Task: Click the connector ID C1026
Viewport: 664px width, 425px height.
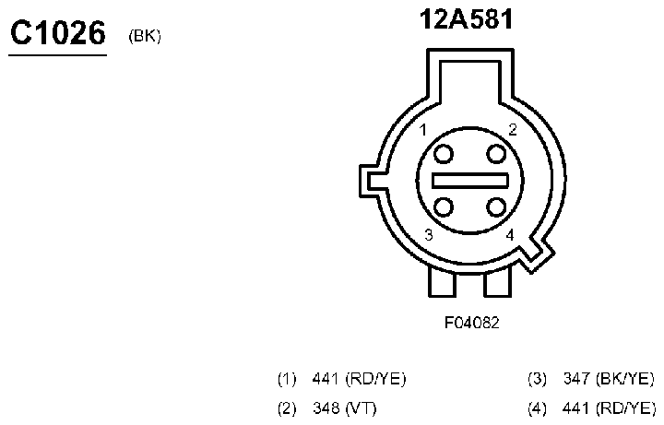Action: coord(57,33)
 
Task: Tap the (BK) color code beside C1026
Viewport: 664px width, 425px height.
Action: coord(145,36)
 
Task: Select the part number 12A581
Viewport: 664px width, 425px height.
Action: coord(466,19)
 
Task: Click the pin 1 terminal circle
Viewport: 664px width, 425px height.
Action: coord(444,154)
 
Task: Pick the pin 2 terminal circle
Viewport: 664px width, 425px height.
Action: coord(496,154)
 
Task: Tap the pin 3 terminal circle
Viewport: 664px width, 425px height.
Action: coord(444,207)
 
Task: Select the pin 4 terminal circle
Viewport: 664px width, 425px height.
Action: coord(496,207)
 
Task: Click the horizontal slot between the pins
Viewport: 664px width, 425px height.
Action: coord(469,181)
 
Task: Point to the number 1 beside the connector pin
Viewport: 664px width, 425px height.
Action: coord(422,130)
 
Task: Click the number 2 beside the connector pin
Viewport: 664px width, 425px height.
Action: coord(513,129)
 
